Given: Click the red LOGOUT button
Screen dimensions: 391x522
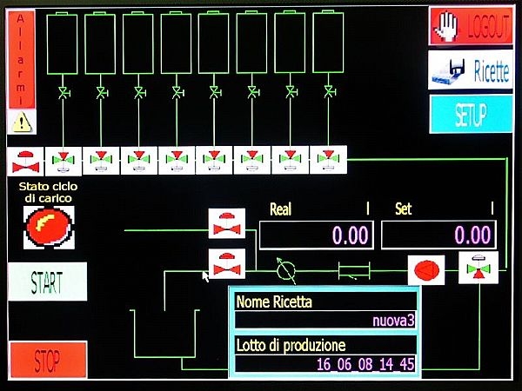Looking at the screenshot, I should point(471,26).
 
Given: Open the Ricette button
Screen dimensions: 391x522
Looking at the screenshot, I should point(471,70).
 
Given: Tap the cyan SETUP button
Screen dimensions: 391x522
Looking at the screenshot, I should point(471,114).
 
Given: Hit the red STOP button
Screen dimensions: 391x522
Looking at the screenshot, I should point(48,360).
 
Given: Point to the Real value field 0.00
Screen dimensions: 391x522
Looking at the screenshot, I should point(316,235).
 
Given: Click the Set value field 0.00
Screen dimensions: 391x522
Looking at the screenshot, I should point(438,235).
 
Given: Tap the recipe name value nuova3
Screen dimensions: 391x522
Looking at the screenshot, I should point(393,321).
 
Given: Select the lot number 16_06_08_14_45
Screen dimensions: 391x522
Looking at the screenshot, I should point(365,363).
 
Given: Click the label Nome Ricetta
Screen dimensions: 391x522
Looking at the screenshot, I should point(274,302).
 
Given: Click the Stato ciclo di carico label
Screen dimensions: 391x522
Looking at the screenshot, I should point(49,192).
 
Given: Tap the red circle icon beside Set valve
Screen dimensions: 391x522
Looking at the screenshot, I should point(425,268).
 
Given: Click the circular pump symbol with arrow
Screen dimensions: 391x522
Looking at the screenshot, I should point(286,269).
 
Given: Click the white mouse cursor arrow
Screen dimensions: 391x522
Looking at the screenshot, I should point(206,276).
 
